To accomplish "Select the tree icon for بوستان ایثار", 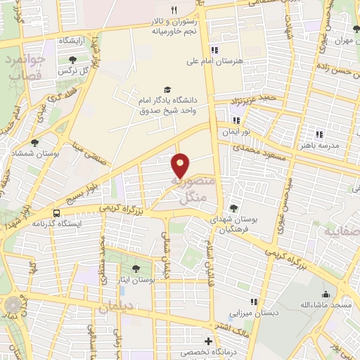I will (x=136, y=267).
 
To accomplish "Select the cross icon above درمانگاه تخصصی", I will (x=207, y=341).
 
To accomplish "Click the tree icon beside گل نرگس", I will (x=72, y=60).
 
